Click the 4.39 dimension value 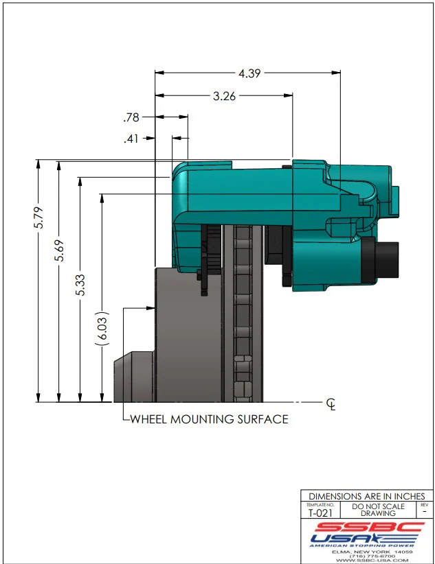click(249, 72)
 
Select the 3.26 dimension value click(224, 97)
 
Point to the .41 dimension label click(131, 139)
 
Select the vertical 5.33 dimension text click(82, 282)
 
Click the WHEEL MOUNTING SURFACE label click(209, 419)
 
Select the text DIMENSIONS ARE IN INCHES click(367, 496)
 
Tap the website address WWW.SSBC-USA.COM click(367, 560)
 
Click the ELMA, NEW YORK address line click(367, 551)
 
